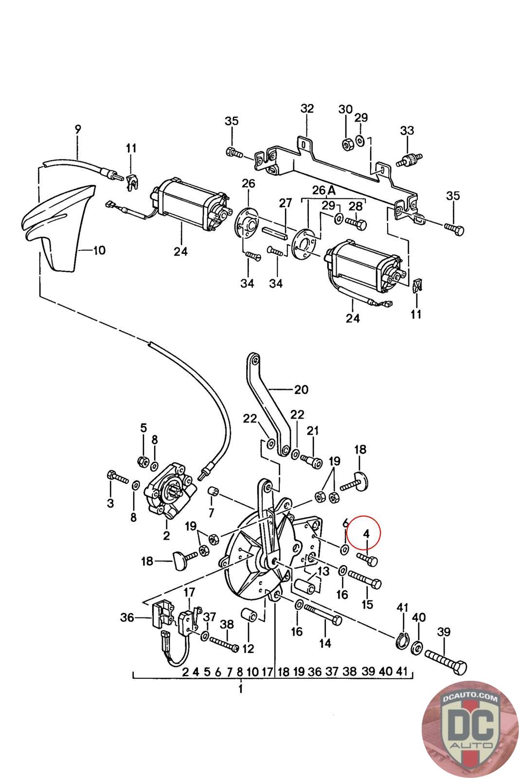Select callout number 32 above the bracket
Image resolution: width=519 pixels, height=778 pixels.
click(x=307, y=108)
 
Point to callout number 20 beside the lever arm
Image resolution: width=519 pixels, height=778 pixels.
click(x=302, y=389)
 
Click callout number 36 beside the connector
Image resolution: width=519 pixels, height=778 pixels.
click(x=127, y=618)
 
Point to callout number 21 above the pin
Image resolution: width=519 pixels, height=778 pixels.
click(x=312, y=430)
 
